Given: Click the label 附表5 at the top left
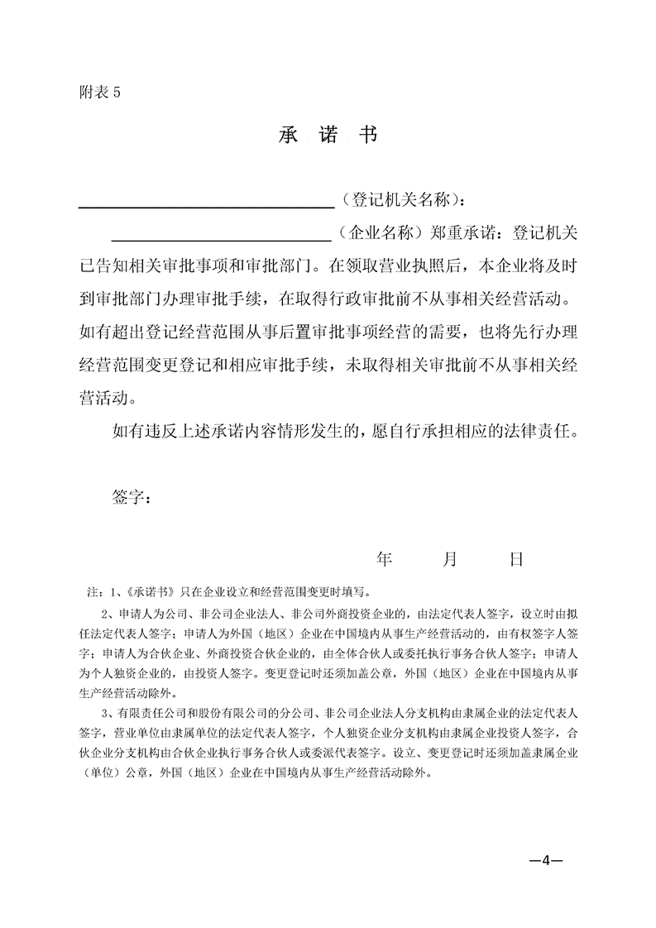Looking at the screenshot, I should [x=98, y=93].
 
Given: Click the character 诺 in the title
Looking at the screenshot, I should [x=328, y=135].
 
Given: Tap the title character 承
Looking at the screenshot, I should [x=288, y=135].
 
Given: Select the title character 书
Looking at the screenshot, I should [x=369, y=135].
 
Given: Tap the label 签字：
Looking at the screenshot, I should [x=131, y=497].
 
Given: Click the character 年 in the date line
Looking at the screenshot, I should [x=384, y=559].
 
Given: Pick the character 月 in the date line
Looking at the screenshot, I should [x=450, y=559].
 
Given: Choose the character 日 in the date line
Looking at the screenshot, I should [x=516, y=559].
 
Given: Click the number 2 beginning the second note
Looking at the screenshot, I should [x=104, y=614].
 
